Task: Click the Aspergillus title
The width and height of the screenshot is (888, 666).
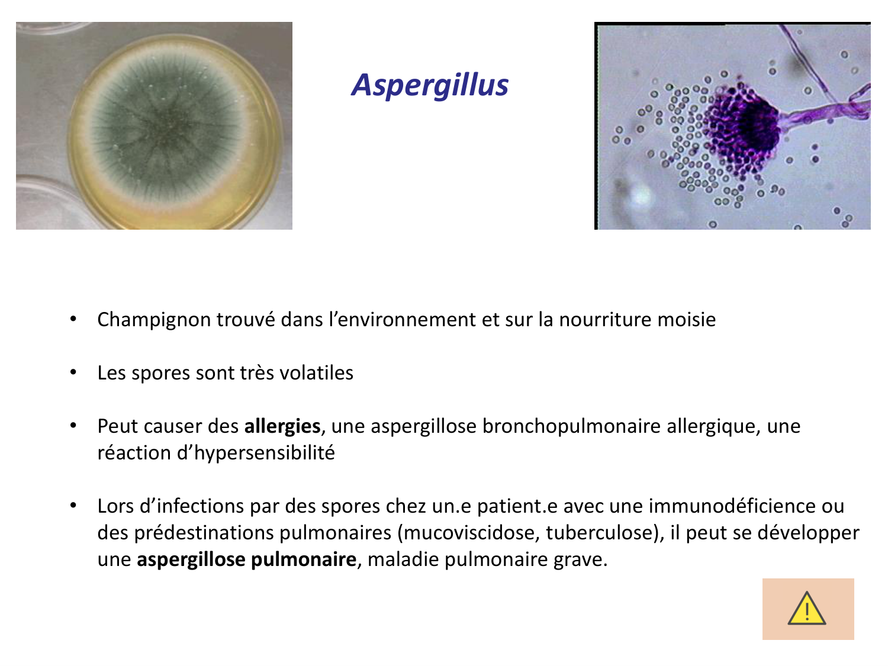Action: pyautogui.click(x=430, y=85)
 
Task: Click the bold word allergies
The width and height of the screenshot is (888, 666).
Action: pyautogui.click(x=282, y=426)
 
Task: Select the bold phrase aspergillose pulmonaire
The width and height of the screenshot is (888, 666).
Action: pyautogui.click(x=246, y=559)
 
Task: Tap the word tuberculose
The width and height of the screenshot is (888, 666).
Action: pyautogui.click(x=599, y=533)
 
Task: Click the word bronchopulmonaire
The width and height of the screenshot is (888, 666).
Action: pyautogui.click(x=571, y=426)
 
